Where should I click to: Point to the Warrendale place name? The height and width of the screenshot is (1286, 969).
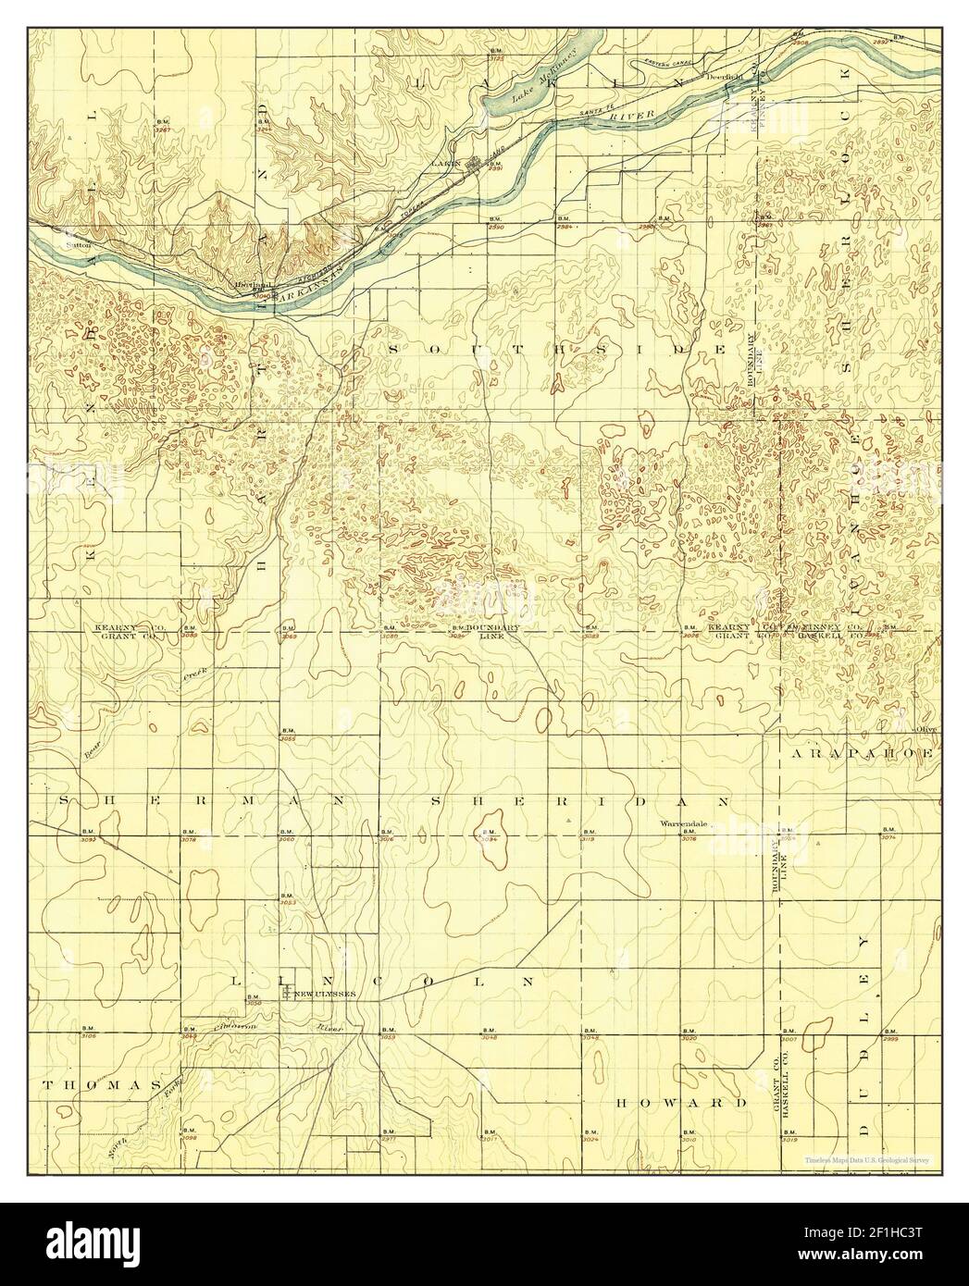pyautogui.click(x=683, y=822)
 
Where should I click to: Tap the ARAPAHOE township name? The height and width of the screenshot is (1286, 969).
pyautogui.click(x=864, y=754)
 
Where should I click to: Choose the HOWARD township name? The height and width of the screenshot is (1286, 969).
pyautogui.click(x=680, y=1104)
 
